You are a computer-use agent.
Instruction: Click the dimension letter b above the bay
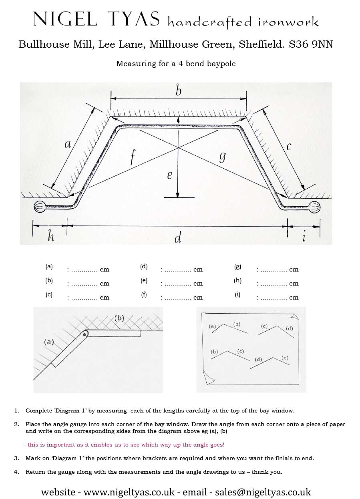[178, 91]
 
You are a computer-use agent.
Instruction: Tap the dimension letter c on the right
[289, 147]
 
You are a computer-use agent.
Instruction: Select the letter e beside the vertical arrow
[169, 175]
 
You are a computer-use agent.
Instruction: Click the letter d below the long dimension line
[178, 238]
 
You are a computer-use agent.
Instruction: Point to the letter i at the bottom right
[304, 237]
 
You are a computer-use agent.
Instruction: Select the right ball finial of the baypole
[315, 207]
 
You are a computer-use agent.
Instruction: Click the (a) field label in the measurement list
[49, 266]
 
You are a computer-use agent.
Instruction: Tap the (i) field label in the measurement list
[238, 295]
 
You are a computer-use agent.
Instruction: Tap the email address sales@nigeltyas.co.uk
[263, 492]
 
